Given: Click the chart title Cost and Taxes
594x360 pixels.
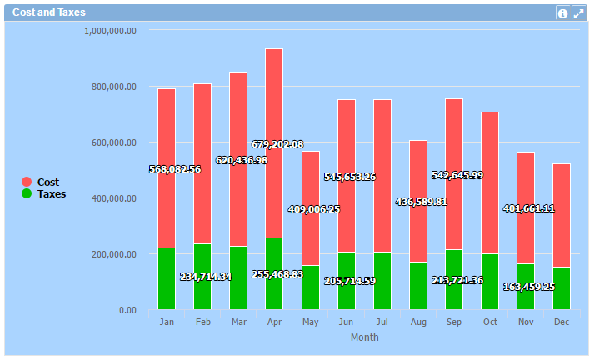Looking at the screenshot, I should pos(48,12).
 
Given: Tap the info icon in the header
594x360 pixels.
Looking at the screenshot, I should pos(562,13).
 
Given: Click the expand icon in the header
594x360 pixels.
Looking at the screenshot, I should pos(578,13).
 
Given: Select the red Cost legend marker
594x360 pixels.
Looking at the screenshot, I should pos(27,182).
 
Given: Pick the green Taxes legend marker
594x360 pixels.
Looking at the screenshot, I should pos(27,194).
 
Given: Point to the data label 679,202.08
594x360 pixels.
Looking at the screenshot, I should pos(277,144).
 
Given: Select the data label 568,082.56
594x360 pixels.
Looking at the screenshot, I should pos(175,169).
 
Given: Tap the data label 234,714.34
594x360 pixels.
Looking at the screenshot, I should pos(206,277).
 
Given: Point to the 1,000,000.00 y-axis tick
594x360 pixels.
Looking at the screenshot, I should pos(111,31).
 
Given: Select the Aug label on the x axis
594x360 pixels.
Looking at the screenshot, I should pos(418,322).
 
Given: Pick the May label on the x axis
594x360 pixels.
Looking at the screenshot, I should pos(310,322).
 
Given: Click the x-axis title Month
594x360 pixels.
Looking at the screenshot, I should pos(364,337).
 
